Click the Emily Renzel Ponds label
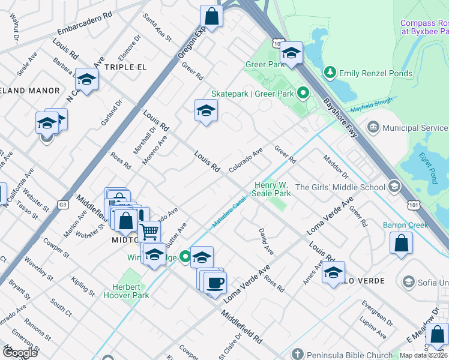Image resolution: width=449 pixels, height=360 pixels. [376, 74]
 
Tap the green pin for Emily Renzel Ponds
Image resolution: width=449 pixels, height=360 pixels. [330, 73]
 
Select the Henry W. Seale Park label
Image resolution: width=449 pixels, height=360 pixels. [273, 189]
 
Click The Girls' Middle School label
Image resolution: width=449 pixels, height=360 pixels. [340, 187]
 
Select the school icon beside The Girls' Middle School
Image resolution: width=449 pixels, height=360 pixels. [394, 187]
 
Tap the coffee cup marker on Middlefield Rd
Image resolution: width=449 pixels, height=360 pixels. [215, 282]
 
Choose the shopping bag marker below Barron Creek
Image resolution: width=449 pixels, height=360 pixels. [401, 244]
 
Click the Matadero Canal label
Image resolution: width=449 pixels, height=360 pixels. [230, 214]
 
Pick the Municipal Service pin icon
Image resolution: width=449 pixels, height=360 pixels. [373, 127]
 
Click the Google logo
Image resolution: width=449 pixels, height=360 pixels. [20, 352]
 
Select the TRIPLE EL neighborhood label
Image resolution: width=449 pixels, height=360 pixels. [125, 67]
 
